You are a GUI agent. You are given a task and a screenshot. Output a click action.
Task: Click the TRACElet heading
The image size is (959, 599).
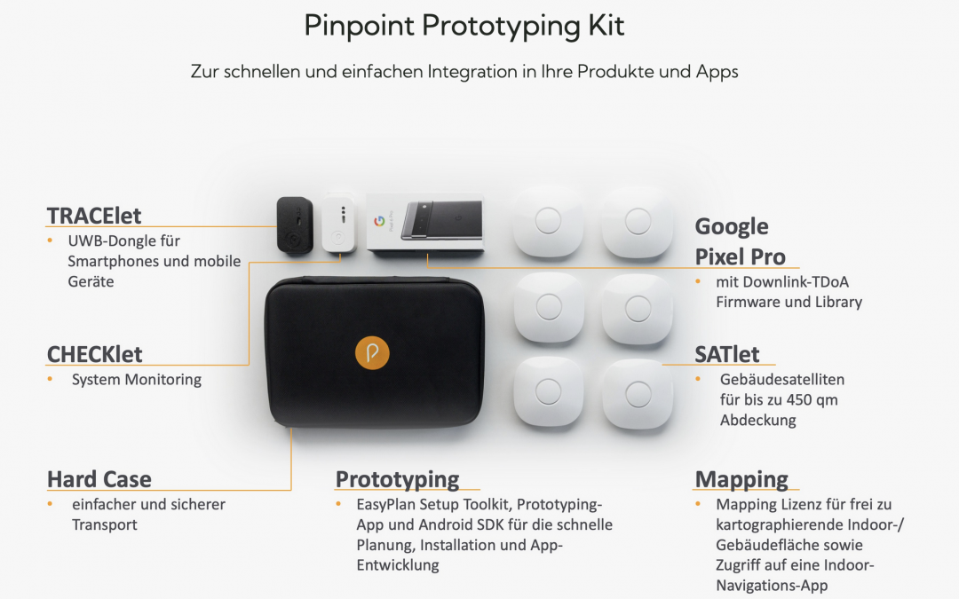pos(93,216)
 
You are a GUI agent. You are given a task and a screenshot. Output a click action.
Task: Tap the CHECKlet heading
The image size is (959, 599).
pos(94,354)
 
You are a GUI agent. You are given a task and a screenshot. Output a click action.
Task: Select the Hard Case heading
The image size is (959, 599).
pos(99,479)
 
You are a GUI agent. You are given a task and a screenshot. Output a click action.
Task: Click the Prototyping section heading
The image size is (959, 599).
pos(397,480)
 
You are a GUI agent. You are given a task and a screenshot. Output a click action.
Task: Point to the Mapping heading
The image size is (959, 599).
pos(741,480)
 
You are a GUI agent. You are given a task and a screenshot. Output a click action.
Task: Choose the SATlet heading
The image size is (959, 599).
pos(726,354)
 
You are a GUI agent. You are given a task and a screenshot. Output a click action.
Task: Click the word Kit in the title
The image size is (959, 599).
pos(606,26)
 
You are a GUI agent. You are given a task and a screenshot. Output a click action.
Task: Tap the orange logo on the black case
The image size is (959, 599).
pos(372,353)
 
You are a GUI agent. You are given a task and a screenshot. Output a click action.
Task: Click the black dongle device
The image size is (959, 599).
pos(295,225)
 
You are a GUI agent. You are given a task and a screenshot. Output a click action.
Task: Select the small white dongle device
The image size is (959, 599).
pos(339,223)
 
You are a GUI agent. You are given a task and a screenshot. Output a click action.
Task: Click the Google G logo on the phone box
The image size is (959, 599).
pos(379,220)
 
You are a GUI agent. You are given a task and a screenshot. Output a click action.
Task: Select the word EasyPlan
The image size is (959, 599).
pos(386,505)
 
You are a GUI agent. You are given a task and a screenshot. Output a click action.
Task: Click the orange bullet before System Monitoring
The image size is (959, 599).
pos(50,380)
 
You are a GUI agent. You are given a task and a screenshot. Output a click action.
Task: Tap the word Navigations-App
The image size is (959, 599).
pos(772,586)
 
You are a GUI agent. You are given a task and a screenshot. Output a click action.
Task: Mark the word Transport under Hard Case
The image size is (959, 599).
pos(105,525)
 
